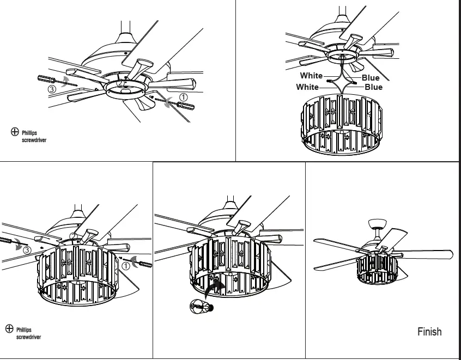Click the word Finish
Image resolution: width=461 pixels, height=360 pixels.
(429, 331)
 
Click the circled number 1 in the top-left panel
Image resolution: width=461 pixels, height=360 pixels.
(184, 96)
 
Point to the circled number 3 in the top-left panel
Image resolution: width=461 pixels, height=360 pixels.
(52, 88)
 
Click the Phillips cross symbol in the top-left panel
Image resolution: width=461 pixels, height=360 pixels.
(15, 132)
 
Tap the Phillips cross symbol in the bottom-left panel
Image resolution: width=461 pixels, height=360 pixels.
(9, 328)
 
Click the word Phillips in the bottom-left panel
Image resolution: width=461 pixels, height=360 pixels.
(24, 330)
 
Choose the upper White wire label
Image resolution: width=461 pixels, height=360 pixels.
(311, 76)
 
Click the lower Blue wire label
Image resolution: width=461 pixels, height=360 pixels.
(373, 87)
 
